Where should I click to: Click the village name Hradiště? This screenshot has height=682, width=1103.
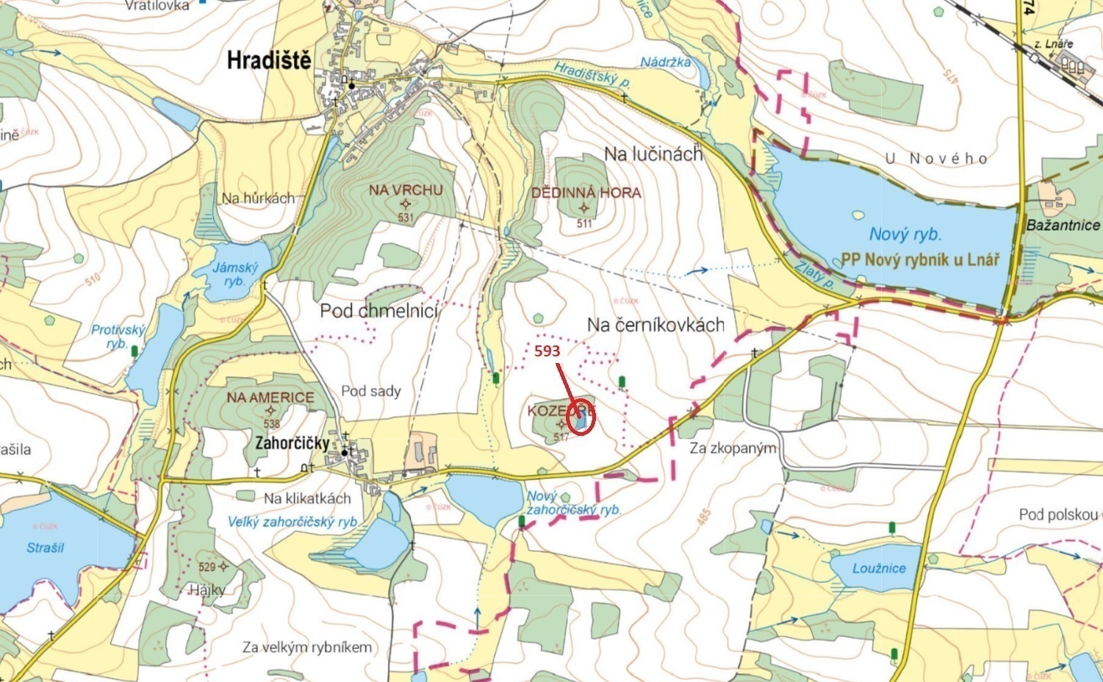269,60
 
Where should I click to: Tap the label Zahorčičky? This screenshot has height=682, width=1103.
292,443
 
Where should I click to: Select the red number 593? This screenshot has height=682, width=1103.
547,351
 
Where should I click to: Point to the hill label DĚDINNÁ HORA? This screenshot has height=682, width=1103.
586,193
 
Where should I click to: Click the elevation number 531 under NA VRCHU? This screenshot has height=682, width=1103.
406,218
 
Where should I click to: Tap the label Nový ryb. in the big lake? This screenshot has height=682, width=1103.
905,234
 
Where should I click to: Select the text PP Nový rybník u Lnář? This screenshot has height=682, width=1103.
920,259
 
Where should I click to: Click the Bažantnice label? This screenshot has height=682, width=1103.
1062,226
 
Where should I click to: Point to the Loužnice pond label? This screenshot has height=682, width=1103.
879,568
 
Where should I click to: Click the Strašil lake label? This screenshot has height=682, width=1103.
46,548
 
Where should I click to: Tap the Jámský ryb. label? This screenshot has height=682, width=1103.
235,274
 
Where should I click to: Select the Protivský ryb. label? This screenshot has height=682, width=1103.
118,337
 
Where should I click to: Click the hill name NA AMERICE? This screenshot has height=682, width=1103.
270,398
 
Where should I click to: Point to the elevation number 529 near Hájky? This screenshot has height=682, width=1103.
206,567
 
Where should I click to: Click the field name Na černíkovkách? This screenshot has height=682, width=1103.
655,325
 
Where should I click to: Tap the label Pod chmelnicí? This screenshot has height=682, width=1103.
378,311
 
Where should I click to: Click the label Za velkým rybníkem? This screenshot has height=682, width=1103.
307,647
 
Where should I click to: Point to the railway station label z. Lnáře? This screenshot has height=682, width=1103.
1053,44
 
